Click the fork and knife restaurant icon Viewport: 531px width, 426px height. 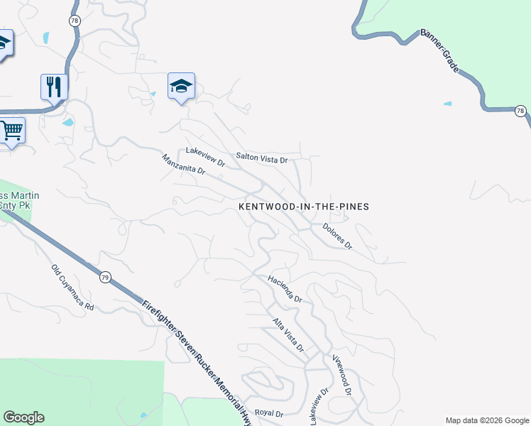tap(54, 87)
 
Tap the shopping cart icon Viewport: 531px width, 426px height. tap(11, 131)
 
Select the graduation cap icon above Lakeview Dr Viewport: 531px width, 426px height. tap(182, 87)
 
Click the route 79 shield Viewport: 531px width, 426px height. tap(105, 277)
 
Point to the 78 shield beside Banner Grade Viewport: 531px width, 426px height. tap(520, 111)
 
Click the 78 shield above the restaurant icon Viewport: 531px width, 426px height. tap(75, 21)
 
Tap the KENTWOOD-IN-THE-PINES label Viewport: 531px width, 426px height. tap(304, 207)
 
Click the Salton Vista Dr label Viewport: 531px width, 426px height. tap(262, 158)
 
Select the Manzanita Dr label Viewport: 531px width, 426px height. tap(183, 165)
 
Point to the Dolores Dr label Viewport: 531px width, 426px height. tap(337, 236)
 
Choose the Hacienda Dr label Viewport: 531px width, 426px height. tap(285, 289)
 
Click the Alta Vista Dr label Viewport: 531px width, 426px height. tap(289, 336)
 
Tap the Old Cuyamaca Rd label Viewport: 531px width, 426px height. tap(72, 288)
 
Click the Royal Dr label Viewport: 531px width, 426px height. tap(269, 413)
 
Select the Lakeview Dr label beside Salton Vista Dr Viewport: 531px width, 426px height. tap(205, 157)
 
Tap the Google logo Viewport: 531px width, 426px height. tap(23, 417)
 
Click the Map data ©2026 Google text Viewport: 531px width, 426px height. tap(487, 420)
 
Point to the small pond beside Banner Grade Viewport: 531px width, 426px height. tap(447, 104)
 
